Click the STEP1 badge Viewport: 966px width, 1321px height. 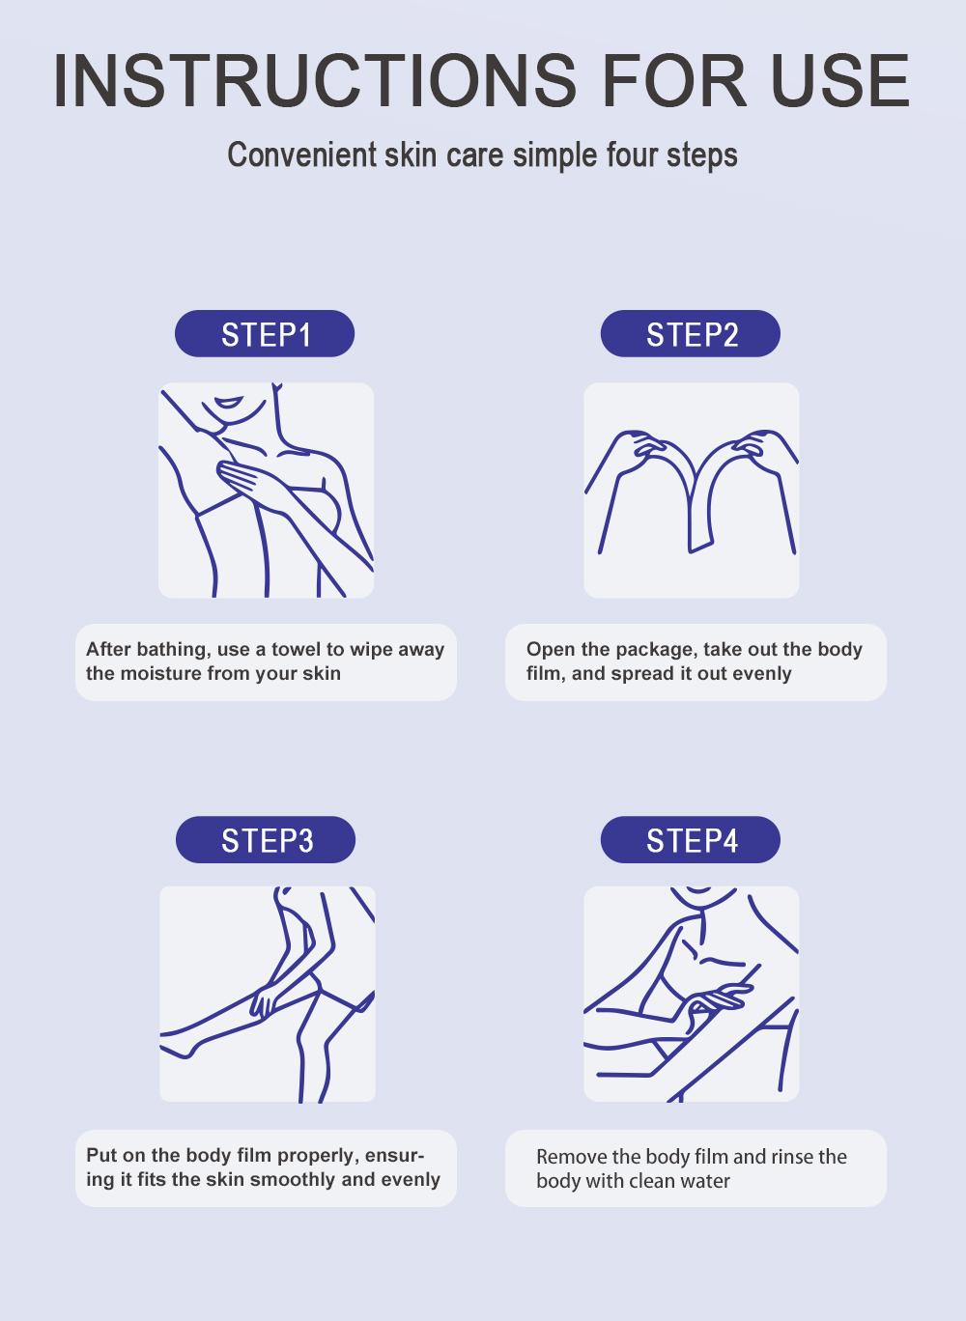pyautogui.click(x=265, y=334)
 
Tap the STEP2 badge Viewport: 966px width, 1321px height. pyautogui.click(x=691, y=334)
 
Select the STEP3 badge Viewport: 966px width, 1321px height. pyautogui.click(x=266, y=840)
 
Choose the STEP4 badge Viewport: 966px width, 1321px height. pyautogui.click(x=691, y=840)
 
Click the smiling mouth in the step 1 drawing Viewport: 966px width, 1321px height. pyautogui.click(x=229, y=402)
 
